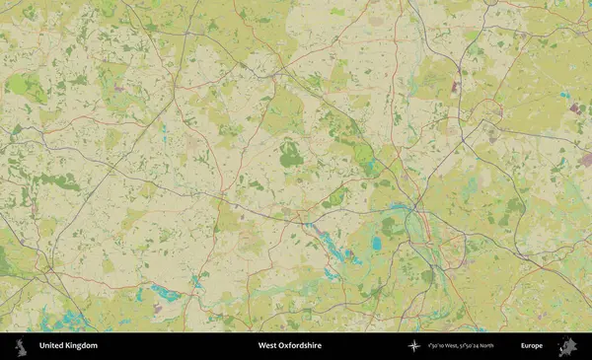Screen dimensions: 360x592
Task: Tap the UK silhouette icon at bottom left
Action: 19,346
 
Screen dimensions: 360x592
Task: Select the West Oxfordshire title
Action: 289,346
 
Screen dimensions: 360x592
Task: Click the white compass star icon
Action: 414,346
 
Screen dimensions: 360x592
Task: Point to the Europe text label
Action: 532,346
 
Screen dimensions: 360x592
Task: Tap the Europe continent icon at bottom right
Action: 567,346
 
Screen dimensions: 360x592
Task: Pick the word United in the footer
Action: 51,346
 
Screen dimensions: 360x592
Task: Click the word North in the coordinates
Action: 485,346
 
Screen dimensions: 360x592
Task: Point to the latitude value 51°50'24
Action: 466,346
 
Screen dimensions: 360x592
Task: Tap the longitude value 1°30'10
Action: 434,346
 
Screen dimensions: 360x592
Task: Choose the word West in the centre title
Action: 266,346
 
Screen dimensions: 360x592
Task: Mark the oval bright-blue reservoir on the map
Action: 376,243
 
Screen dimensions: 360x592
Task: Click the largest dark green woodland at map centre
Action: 290,154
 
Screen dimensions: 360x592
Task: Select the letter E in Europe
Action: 523,346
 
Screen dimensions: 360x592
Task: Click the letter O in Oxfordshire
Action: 280,346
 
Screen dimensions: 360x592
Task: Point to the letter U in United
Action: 41,346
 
